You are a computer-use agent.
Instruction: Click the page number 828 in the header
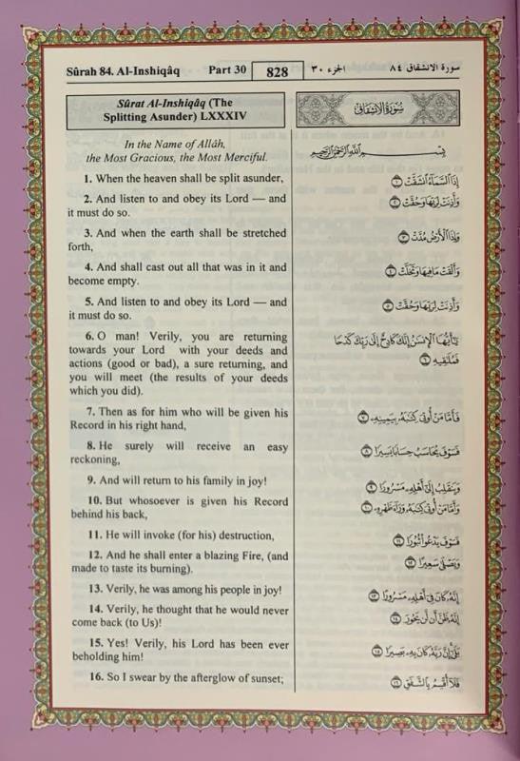coord(277,71)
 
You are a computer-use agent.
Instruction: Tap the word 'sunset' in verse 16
coord(265,677)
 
